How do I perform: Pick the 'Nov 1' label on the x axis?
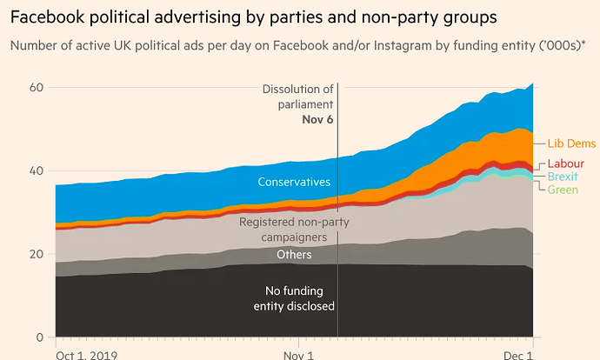298,355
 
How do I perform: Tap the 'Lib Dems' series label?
572,143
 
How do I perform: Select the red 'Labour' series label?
565,163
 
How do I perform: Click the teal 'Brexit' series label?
563,177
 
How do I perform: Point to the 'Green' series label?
563,189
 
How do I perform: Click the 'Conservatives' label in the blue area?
294,182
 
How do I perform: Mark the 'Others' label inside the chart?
294,255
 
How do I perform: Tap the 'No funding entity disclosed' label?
300,298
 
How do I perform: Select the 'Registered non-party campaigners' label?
283,229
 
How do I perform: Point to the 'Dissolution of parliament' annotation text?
297,96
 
